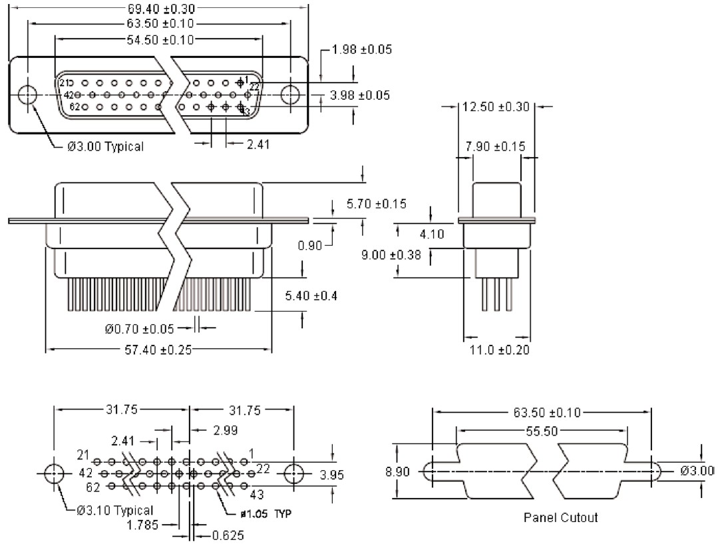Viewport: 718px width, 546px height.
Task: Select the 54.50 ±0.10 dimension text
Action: (160, 40)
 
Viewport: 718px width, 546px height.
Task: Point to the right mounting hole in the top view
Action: (290, 95)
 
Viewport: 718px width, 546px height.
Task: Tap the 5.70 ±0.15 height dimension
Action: (377, 203)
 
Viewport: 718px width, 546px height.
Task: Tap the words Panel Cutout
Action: (560, 517)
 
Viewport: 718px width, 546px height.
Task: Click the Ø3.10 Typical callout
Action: (110, 511)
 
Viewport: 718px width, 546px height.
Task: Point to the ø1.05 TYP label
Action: (266, 513)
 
